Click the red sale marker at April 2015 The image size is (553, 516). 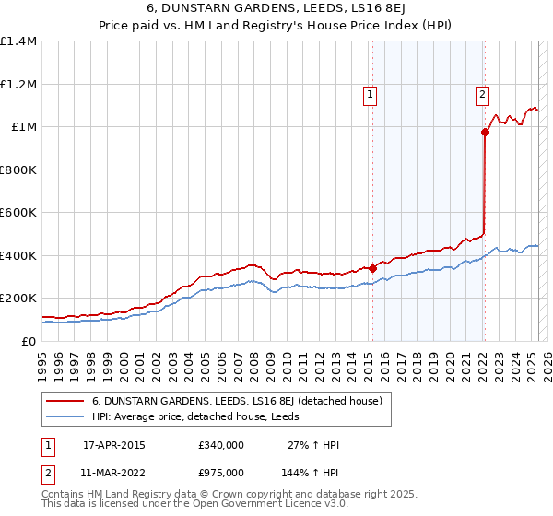pyautogui.click(x=372, y=268)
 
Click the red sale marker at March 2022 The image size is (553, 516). pyautogui.click(x=485, y=133)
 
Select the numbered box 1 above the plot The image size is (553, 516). pyautogui.click(x=370, y=93)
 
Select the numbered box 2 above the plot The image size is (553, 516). pyautogui.click(x=482, y=93)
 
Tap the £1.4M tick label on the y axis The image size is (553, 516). pyautogui.click(x=18, y=41)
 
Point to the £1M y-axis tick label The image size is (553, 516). pyautogui.click(x=24, y=127)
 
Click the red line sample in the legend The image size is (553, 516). pyautogui.click(x=64, y=401)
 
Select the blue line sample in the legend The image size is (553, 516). pyautogui.click(x=64, y=416)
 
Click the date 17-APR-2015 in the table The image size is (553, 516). pyautogui.click(x=113, y=445)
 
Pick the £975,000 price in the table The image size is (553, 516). pyautogui.click(x=221, y=472)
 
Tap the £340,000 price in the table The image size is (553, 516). pyautogui.click(x=221, y=445)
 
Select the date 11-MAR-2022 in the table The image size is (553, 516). pyautogui.click(x=114, y=472)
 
